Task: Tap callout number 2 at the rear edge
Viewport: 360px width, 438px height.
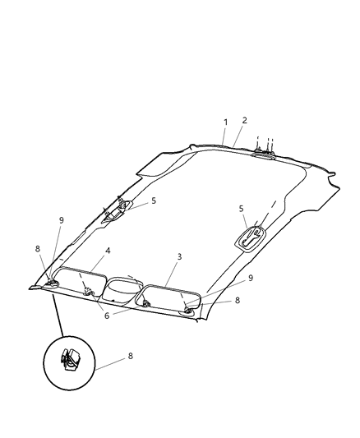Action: (x=244, y=120)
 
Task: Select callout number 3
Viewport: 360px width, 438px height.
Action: (x=179, y=256)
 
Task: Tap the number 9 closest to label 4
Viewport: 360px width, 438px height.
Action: (x=60, y=220)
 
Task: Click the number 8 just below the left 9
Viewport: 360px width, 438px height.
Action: (x=37, y=248)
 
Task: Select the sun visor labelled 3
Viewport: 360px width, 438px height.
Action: (x=171, y=297)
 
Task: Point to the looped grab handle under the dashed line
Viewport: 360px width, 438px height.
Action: (x=250, y=237)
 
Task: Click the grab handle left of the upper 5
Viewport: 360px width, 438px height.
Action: (x=114, y=211)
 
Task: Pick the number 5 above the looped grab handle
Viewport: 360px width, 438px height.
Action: (x=241, y=209)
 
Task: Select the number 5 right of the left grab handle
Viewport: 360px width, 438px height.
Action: (x=153, y=201)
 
